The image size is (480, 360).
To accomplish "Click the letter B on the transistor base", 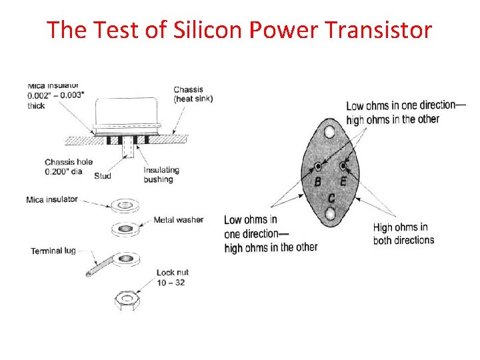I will (317, 182).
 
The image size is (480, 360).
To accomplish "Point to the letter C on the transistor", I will (331, 198).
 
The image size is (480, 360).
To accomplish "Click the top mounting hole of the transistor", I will (329, 132).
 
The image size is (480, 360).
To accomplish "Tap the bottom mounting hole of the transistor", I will (330, 215).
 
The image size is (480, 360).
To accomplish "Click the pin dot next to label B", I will (318, 165).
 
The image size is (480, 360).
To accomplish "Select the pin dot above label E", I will (343, 165).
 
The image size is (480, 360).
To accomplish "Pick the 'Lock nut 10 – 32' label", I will (171, 277).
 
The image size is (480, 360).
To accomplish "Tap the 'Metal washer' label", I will (178, 219).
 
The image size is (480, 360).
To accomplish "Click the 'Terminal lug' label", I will (53, 251).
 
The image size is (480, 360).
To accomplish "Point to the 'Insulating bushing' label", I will (161, 175).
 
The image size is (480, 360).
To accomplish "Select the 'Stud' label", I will (102, 176).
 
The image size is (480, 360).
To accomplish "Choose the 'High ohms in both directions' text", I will (403, 234).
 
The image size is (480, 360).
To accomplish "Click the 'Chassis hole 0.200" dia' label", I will (68, 167).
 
